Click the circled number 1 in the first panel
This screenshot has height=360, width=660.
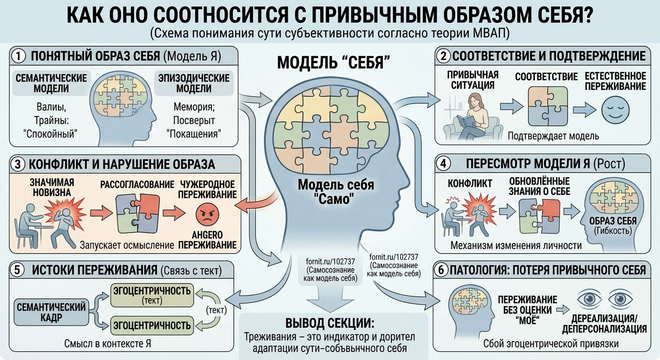coord(19,56)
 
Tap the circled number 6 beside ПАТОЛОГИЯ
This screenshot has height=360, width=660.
coord(441,270)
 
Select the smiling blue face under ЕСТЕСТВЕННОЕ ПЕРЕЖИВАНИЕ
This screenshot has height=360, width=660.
coord(615,110)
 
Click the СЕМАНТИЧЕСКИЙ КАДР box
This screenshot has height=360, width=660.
coord(51,312)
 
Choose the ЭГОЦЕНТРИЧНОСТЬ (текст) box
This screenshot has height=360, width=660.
coord(152,295)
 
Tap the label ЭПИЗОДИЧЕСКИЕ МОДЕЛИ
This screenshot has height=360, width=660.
coord(194,83)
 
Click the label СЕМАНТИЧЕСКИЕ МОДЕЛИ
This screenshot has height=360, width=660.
coord(51,83)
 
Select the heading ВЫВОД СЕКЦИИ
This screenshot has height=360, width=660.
coord(330,323)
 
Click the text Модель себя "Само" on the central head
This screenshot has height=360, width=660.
coord(336,192)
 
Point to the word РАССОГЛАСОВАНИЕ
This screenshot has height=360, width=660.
coord(137,185)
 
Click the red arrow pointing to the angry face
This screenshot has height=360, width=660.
coord(174,213)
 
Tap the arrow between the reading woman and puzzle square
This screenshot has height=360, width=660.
coord(512,106)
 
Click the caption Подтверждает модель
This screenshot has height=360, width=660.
coord(553,136)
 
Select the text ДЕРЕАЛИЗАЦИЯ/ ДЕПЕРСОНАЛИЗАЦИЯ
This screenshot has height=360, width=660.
coord(604,323)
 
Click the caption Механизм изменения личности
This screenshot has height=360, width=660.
coord(516,246)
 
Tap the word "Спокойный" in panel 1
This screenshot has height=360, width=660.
coord(50,134)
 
